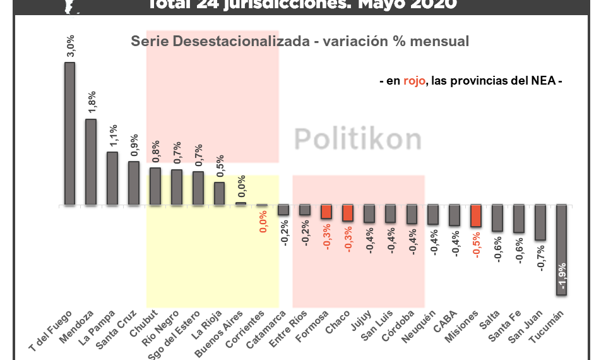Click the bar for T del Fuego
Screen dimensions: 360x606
tap(69, 133)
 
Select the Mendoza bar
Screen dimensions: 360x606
tap(91, 162)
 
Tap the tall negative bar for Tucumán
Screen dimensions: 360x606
tap(562, 250)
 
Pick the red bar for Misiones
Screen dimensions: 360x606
tap(476, 216)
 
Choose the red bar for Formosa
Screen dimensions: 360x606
tap(326, 212)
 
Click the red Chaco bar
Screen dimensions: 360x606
tap(347, 213)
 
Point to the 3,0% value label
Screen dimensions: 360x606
tap(71, 46)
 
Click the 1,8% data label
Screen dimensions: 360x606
tap(92, 103)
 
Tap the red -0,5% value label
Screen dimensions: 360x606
tap(477, 244)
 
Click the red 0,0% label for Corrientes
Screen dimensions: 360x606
tap(263, 220)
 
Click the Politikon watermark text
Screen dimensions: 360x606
tap(358, 137)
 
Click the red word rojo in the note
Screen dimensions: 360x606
tap(414, 81)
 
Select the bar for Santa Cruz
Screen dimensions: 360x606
tap(134, 183)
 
